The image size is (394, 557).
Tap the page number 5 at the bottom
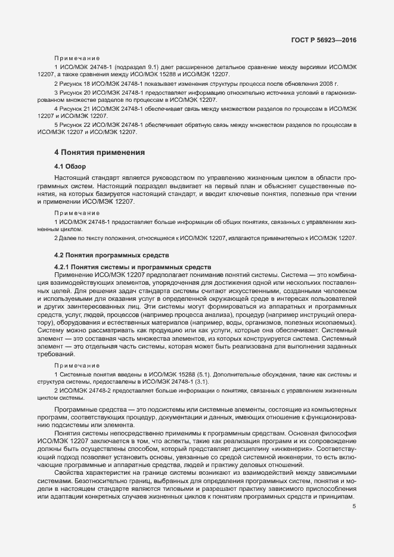point(354,507)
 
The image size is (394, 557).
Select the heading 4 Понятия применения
point(100,153)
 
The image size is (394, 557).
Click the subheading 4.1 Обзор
point(70,166)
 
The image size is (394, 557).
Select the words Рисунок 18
point(74,83)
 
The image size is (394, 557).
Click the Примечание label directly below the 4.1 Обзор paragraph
point(76,213)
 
